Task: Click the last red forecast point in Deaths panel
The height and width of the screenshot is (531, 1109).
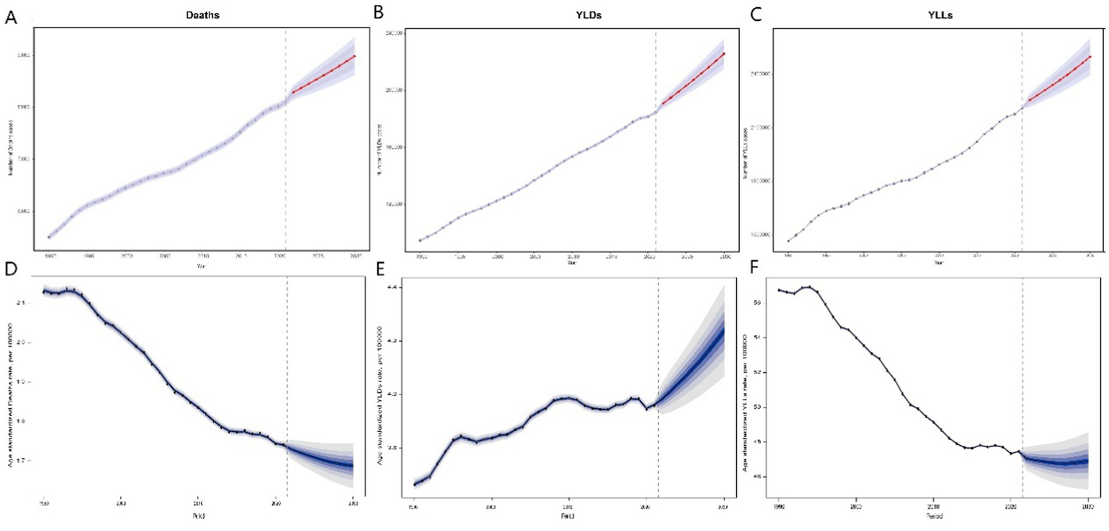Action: (355, 56)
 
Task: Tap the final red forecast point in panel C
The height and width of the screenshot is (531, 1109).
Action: (1089, 56)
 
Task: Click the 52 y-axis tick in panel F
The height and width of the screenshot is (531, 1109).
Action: (759, 373)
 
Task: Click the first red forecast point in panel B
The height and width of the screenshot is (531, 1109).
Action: (663, 103)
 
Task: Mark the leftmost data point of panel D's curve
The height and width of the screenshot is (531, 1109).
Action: (44, 291)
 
